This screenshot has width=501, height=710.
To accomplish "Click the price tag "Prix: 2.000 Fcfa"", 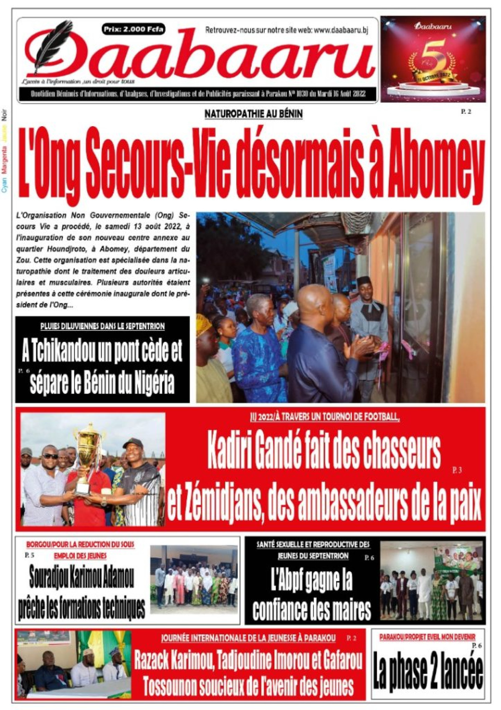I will tap(133, 29).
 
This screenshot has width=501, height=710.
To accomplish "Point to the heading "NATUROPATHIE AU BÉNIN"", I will tap(253, 114).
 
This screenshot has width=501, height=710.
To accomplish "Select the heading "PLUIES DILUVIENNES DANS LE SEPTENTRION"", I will tap(102, 326).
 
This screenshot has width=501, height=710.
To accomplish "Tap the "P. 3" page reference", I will tap(457, 470).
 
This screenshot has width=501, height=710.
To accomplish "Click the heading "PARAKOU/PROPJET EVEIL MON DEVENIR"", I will tap(427, 637).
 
